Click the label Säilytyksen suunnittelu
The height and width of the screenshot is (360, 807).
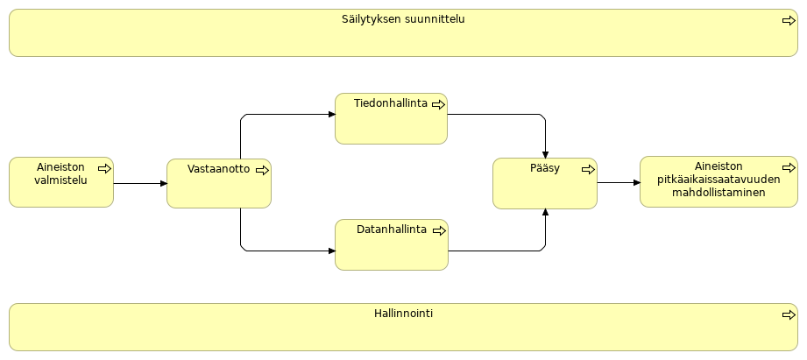click(x=403, y=19)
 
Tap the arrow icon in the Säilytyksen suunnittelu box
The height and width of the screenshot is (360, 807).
click(x=789, y=20)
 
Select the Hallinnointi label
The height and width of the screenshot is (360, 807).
click(x=403, y=314)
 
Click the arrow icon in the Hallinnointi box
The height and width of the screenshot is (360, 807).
click(x=789, y=314)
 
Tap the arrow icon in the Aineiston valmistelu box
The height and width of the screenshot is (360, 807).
click(x=104, y=168)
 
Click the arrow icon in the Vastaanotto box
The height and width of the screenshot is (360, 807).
click(x=262, y=170)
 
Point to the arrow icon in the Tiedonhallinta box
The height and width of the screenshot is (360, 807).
click(x=438, y=104)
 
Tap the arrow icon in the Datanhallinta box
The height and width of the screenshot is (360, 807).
click(x=438, y=230)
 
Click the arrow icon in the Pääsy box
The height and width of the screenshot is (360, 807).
click(x=588, y=170)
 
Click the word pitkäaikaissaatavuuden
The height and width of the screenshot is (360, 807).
click(x=719, y=180)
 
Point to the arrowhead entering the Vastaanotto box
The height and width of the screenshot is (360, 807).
click(x=163, y=184)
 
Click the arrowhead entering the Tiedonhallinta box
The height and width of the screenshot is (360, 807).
click(x=331, y=115)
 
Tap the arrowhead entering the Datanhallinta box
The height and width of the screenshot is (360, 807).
click(x=331, y=251)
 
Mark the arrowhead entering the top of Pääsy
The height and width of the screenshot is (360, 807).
click(x=545, y=154)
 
